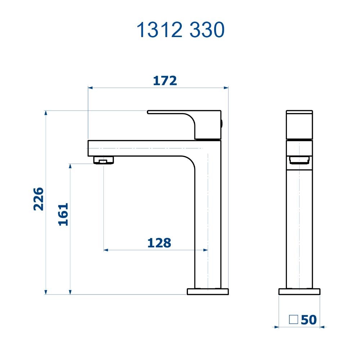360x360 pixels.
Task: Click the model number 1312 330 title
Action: click(180, 30)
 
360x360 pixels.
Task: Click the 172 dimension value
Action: click(165, 81)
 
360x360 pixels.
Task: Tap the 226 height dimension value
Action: click(39, 199)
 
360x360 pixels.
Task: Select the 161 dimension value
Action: click(63, 214)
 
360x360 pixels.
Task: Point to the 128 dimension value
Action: click(159, 243)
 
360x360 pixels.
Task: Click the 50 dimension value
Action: click(309, 320)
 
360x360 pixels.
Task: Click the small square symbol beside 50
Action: click(293, 319)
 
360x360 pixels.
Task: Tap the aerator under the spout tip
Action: click(104, 160)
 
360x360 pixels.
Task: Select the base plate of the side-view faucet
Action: click(300, 292)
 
